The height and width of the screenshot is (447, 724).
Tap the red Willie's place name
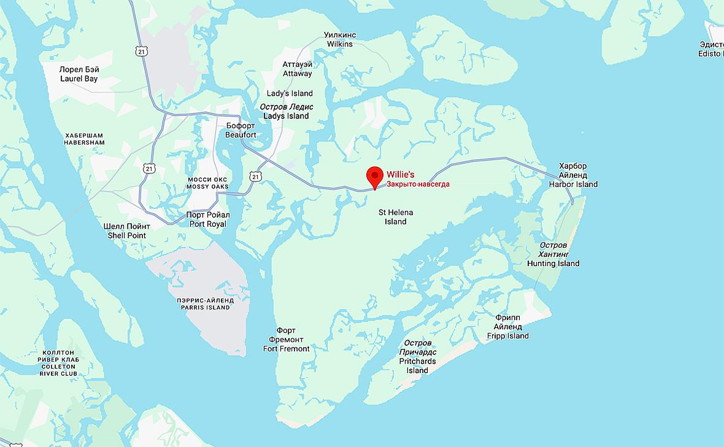(400, 175)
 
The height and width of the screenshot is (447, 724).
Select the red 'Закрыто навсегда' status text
(418, 184)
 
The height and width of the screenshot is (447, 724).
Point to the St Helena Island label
(395, 217)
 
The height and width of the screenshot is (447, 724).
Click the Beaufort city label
(241, 130)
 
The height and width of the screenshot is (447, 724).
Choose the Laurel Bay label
(79, 74)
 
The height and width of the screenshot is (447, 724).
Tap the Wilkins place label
(340, 40)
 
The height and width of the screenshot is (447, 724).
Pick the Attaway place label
(297, 69)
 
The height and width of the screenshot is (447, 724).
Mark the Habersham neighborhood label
(84, 139)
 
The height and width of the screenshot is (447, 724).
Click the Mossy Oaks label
(208, 183)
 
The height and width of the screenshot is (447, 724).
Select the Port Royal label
(208, 220)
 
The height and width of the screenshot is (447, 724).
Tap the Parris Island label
(206, 304)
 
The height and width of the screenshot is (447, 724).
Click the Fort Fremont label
(286, 340)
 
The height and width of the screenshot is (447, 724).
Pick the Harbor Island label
(573, 175)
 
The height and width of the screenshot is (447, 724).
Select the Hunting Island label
(553, 254)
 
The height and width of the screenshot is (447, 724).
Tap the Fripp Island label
(507, 327)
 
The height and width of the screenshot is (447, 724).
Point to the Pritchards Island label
(417, 356)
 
